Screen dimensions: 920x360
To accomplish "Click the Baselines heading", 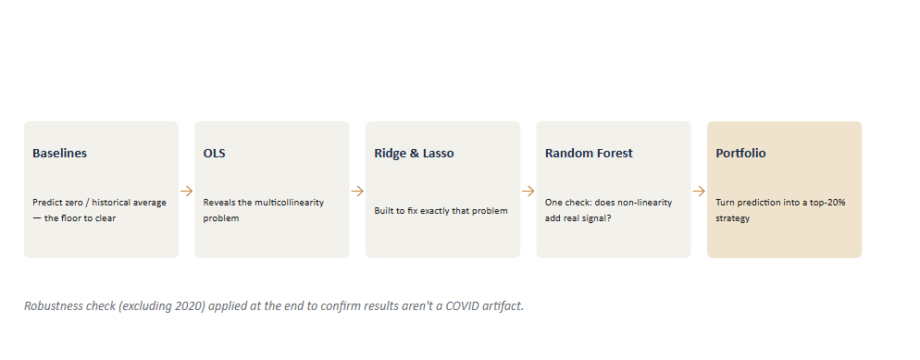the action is click(x=59, y=153).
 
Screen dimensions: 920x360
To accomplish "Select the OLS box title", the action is click(x=214, y=153).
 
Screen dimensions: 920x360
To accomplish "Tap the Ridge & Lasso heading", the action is click(x=414, y=153).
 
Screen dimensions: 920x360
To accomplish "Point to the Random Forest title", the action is click(x=589, y=153).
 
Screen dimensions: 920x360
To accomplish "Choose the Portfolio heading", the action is click(x=740, y=153).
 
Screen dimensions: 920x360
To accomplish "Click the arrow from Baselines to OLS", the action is click(x=187, y=192).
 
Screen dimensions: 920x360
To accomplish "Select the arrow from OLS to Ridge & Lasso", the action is click(x=357, y=192).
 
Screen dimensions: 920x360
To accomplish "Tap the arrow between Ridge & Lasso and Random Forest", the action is click(x=528, y=192).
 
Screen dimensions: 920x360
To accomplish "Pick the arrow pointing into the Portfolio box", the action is click(x=699, y=192).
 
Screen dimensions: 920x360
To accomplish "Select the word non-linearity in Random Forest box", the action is click(x=643, y=203).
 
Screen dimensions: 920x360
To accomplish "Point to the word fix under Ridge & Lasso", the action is click(x=412, y=210).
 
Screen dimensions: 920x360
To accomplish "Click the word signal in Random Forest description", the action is click(x=595, y=218).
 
